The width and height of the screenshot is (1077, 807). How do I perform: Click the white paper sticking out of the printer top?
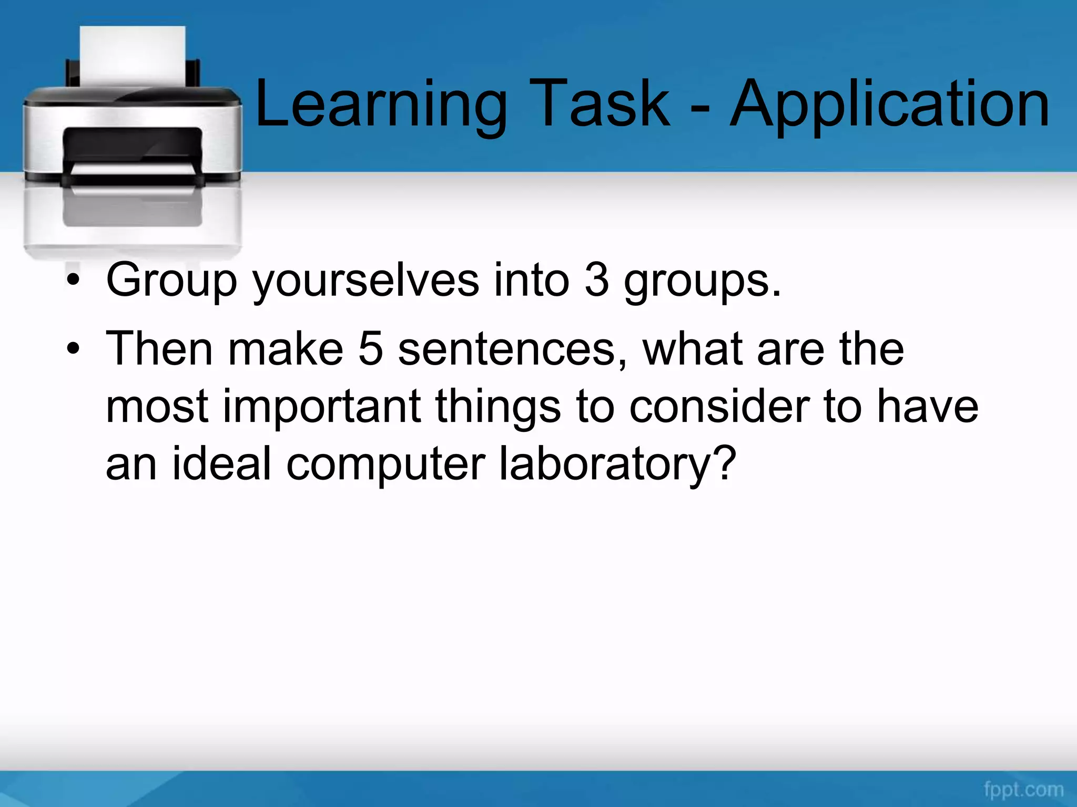(x=133, y=55)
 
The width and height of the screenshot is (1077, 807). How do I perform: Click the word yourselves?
(x=366, y=281)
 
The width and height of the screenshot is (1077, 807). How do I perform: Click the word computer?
(x=385, y=464)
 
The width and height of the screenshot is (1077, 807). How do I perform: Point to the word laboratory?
(x=616, y=464)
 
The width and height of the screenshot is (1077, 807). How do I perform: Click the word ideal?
(x=221, y=463)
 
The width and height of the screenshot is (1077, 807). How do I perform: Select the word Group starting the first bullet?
(x=171, y=281)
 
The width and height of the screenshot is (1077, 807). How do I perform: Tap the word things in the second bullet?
(x=498, y=407)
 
